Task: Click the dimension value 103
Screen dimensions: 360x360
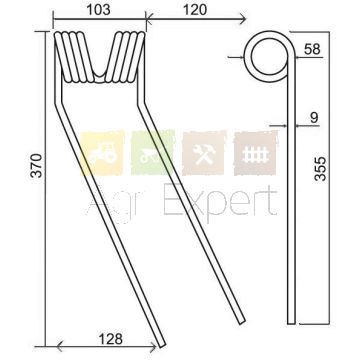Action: click(x=98, y=10)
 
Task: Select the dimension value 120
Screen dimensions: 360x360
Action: click(x=195, y=10)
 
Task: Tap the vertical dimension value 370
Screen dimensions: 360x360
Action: click(x=36, y=165)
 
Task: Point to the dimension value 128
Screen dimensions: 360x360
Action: click(x=111, y=339)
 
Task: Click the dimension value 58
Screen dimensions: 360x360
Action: click(x=312, y=49)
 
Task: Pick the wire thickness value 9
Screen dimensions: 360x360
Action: click(x=314, y=118)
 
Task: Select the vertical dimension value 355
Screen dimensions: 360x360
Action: click(x=320, y=169)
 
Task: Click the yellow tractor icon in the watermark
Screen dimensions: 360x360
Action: click(x=102, y=153)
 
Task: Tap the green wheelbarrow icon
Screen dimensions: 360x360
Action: click(x=153, y=153)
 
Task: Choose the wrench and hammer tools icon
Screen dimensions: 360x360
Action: click(x=204, y=153)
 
